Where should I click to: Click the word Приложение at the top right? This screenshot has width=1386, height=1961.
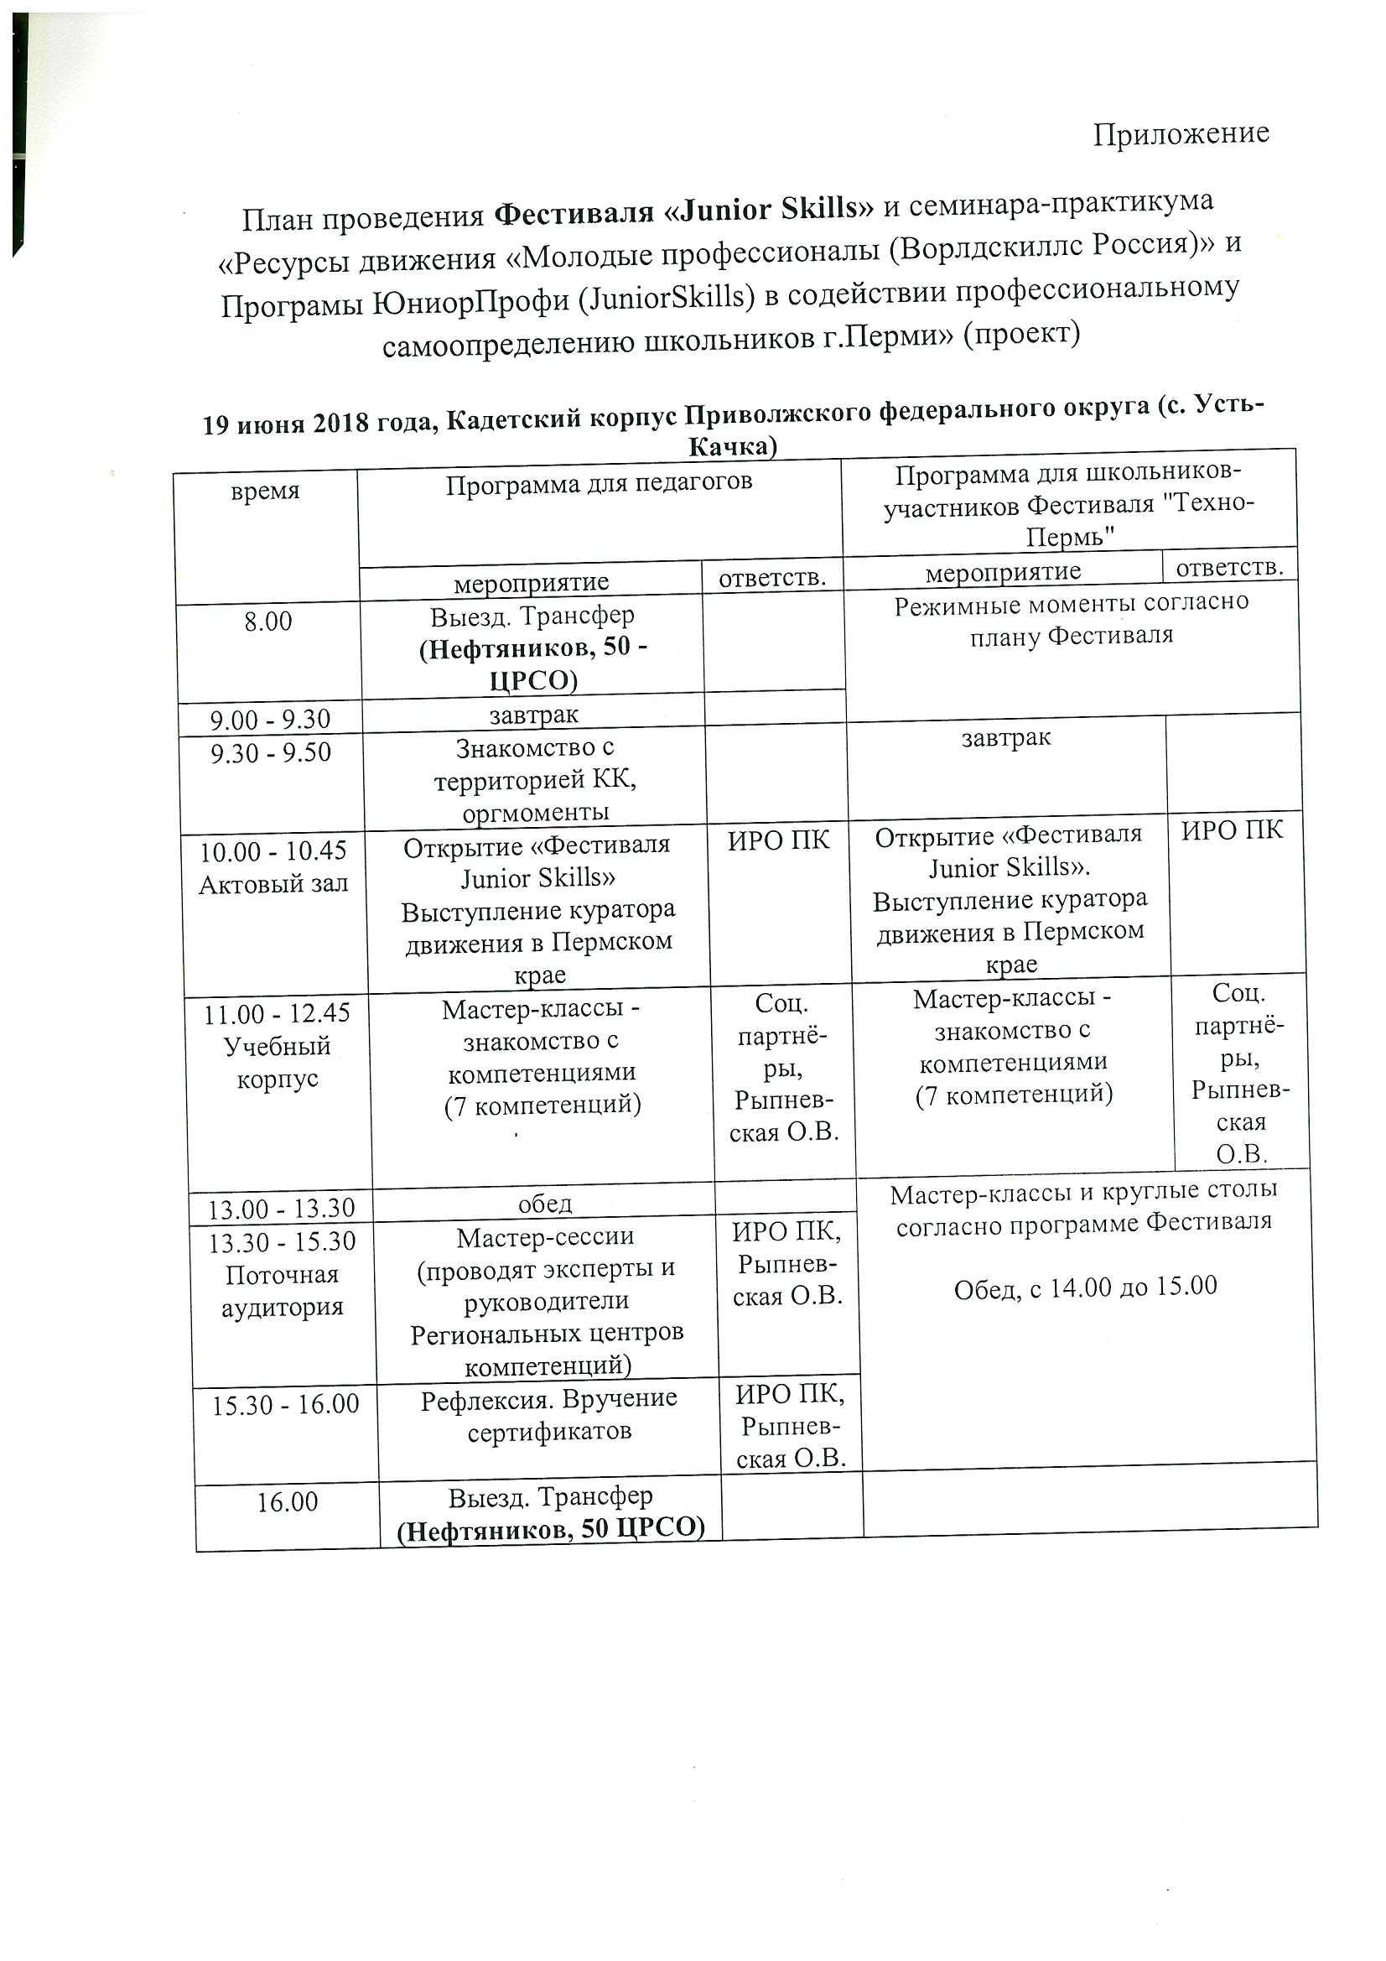(1181, 134)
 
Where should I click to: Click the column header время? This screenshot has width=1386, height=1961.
(265, 492)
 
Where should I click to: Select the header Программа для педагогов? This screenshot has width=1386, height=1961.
(599, 482)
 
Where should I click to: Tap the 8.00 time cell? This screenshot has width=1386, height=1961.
(267, 621)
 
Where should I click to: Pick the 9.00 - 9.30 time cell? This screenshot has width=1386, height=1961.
(270, 719)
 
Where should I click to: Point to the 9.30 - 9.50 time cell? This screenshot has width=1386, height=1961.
(270, 753)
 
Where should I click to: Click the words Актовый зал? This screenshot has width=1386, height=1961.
(273, 884)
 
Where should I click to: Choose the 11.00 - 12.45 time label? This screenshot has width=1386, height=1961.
(277, 1014)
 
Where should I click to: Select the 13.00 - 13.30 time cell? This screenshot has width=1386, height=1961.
(282, 1208)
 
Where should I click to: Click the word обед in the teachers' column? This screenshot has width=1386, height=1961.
(545, 1204)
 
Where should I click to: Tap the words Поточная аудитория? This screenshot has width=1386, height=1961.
(282, 1291)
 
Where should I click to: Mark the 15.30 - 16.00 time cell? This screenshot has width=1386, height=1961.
(285, 1404)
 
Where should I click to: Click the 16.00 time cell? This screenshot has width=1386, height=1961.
(288, 1501)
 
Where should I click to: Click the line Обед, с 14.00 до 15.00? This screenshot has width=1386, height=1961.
(1084, 1287)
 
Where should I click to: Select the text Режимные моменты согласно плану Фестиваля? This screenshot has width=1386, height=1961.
(1071, 618)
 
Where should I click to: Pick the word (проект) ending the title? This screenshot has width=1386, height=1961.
(1021, 331)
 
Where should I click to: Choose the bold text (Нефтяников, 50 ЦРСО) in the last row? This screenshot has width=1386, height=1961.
(551, 1530)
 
